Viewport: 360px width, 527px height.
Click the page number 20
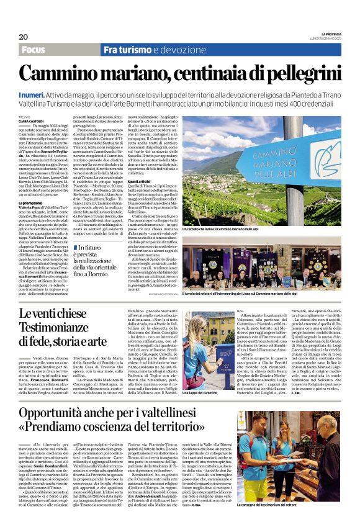coord(24,37)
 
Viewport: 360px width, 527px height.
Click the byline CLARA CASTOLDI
coord(32,120)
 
